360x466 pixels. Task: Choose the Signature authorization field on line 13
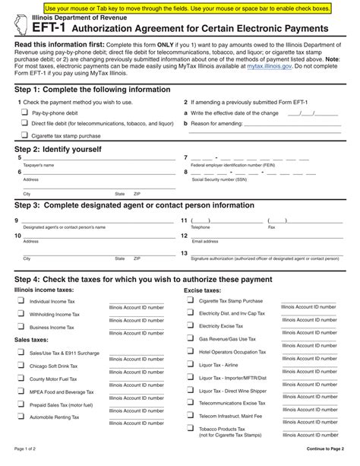266,253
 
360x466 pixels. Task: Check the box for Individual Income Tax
21,301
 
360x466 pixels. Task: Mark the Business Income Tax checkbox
21,327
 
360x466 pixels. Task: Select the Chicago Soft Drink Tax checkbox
21,366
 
